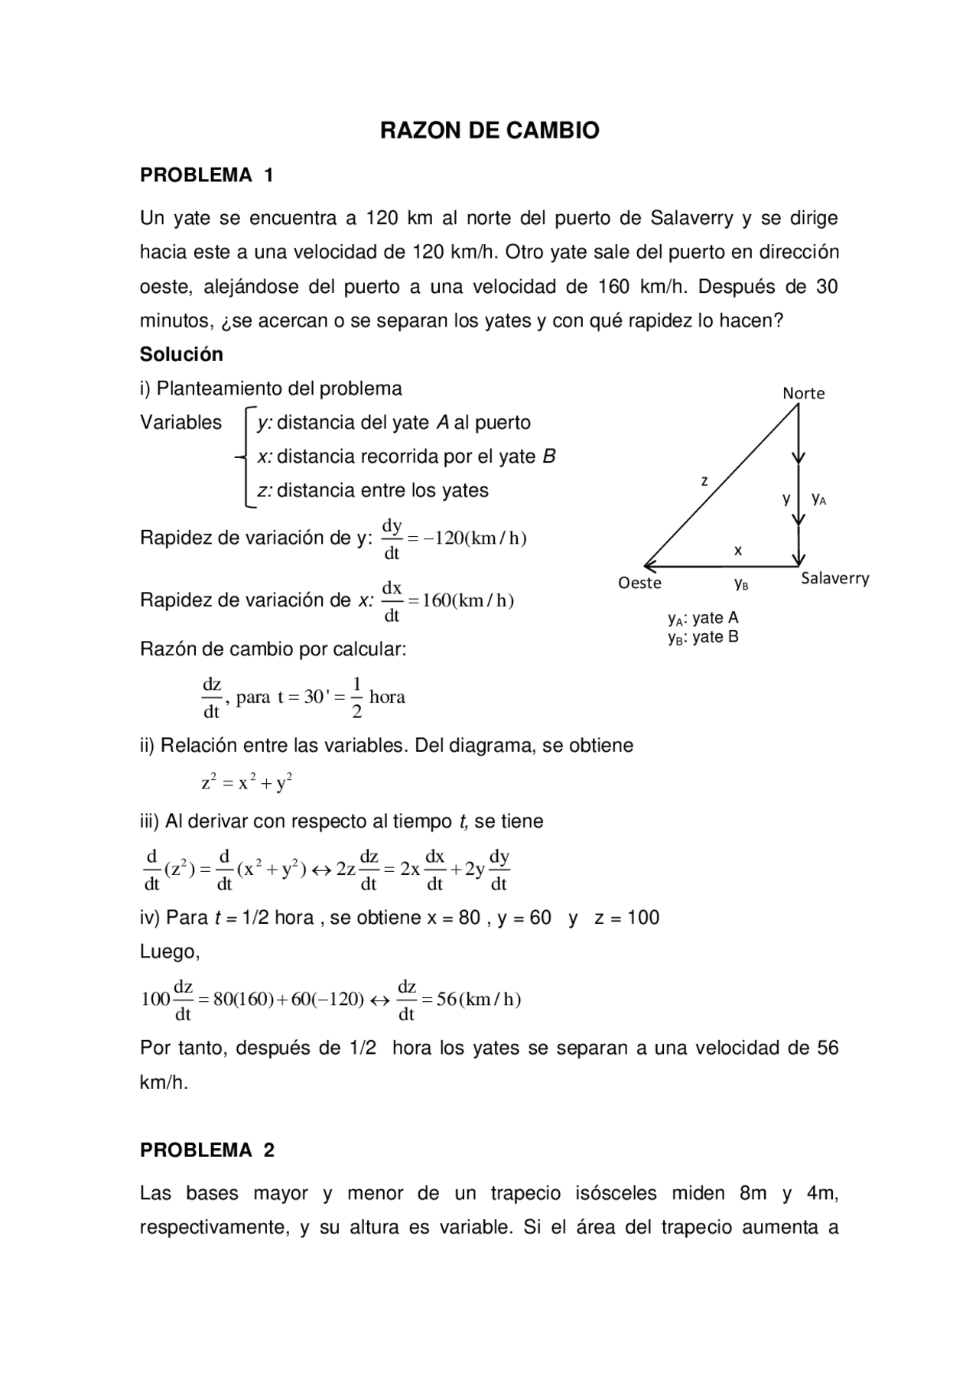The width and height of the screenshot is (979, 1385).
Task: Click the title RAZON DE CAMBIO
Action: tap(489, 131)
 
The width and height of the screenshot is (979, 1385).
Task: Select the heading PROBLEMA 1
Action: tap(207, 175)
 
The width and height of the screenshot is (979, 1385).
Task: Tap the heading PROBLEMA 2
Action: tap(207, 1150)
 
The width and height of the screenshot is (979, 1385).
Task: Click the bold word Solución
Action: tap(181, 354)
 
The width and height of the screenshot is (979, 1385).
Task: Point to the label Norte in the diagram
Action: tap(803, 393)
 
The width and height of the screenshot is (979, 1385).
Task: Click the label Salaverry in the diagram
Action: tap(834, 578)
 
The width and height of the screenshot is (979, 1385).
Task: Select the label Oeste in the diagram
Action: tap(639, 583)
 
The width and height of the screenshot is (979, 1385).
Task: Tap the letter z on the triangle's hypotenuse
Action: tap(704, 481)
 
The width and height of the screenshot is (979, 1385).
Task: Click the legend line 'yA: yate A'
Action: tap(703, 618)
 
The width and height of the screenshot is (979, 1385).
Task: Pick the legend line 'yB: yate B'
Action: tap(703, 637)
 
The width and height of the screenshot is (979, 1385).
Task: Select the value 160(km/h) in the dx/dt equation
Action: tap(467, 600)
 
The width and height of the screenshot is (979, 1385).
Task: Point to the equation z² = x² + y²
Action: tap(247, 782)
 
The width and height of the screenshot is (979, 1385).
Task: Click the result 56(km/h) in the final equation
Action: tap(478, 1000)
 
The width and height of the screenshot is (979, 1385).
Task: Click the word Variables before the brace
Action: tap(181, 422)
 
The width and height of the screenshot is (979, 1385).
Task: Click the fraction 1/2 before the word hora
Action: tap(356, 697)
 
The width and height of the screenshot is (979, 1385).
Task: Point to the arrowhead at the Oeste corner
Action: tap(649, 566)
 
